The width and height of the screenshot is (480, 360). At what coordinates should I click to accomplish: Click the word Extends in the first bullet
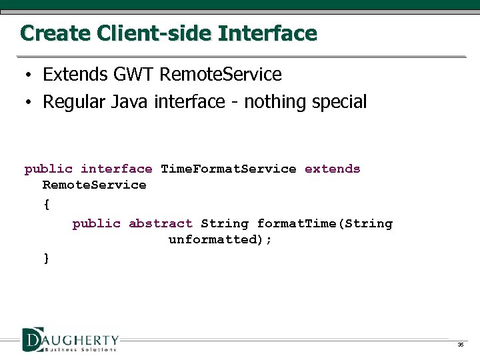71,74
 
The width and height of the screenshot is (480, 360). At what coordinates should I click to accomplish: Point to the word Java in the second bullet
130,102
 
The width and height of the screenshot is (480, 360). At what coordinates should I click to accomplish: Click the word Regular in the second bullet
74,102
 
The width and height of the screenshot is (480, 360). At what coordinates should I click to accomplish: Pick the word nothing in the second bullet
273,102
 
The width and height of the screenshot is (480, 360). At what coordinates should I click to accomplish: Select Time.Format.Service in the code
229,169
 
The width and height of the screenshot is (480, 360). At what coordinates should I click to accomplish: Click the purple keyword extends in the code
332,169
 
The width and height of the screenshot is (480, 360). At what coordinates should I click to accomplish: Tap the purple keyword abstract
160,224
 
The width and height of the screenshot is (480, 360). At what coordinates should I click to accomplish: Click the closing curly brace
46,258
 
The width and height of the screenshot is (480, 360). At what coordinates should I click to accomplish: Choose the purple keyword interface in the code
116,169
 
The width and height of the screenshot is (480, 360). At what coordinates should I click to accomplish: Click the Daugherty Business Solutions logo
70,339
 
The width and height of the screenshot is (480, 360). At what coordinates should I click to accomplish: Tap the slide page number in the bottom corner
460,345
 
